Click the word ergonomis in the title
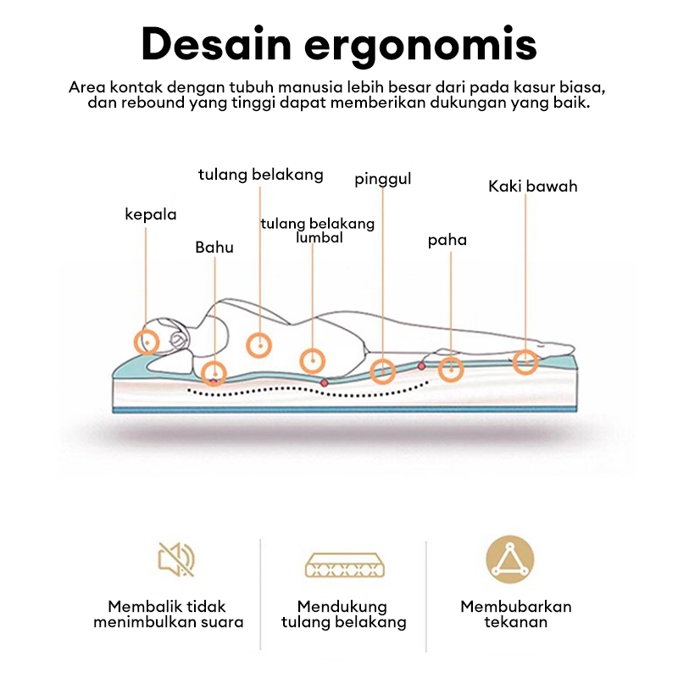pos(433,46)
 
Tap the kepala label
pos(151,214)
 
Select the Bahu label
pos(214,247)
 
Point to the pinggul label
pos(383,180)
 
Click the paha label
pos(447,241)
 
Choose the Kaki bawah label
pos(532,186)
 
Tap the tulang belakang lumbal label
pos(318,231)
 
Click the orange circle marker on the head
pos(147,342)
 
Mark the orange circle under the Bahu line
pos(214,372)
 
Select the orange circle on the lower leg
pos(525,362)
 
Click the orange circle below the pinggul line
pos(383,370)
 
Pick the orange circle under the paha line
pos(451,369)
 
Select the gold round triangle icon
pos(510,559)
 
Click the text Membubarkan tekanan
pos(515,614)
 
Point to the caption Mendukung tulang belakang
pos(342,614)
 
